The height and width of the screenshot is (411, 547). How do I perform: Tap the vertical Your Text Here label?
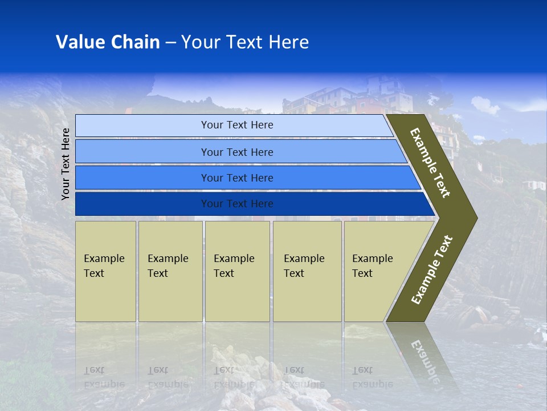coord(66,164)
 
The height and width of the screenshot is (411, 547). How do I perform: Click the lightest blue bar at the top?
coord(236,125)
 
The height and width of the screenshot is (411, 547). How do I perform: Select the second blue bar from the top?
coord(236,152)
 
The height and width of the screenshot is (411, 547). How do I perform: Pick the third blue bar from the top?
coord(236,178)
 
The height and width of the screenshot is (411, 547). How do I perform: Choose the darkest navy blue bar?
coord(236,204)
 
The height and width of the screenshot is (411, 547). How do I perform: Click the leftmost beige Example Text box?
coord(105,271)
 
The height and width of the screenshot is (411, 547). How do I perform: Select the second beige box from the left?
coord(170,271)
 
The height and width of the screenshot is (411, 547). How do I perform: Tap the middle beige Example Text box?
coord(237,271)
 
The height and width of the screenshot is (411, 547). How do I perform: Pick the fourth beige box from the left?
coord(307,271)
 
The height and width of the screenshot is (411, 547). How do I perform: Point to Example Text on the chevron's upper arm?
coord(430,163)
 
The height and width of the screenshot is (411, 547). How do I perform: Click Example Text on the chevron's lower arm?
coord(432,270)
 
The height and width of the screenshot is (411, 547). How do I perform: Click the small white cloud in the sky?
coord(484,105)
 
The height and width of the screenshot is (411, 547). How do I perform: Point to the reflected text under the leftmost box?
coord(104,377)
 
